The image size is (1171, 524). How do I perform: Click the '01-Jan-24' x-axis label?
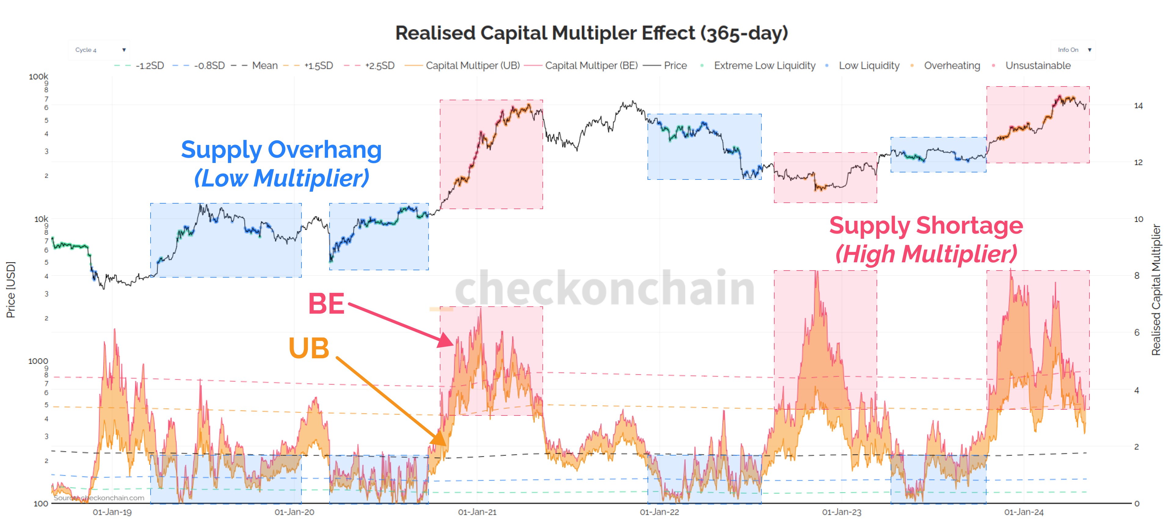(x=1024, y=512)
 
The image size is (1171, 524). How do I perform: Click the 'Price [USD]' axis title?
(x=10, y=290)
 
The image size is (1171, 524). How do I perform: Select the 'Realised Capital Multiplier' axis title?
(x=1156, y=290)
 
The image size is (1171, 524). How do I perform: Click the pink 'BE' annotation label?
(x=326, y=303)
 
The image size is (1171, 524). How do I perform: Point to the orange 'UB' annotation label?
(x=309, y=349)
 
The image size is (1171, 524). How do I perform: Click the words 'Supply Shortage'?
(x=926, y=226)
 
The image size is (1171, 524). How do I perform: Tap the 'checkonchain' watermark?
(x=605, y=288)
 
